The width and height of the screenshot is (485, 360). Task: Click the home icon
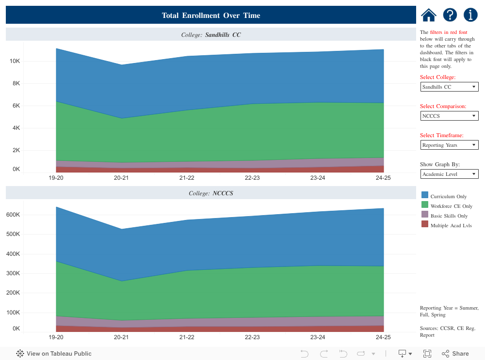click(429, 15)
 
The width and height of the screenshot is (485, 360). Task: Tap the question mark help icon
click(450, 15)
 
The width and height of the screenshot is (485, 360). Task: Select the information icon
click(470, 15)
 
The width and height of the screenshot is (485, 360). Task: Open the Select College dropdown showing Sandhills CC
click(449, 87)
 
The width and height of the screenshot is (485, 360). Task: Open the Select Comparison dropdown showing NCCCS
click(449, 116)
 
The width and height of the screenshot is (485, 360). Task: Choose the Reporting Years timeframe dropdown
click(449, 145)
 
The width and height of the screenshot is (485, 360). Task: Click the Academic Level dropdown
click(449, 174)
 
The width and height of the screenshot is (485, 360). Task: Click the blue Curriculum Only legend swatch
click(425, 195)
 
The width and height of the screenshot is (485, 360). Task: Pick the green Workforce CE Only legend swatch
click(425, 204)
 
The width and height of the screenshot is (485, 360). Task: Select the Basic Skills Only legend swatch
click(425, 214)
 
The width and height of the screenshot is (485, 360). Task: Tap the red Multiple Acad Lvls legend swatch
click(425, 224)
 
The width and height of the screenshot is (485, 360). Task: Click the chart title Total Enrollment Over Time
click(211, 16)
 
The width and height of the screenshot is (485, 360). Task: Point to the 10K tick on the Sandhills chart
click(15, 61)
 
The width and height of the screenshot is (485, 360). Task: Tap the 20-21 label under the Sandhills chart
click(121, 178)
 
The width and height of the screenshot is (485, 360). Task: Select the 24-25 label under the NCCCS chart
click(383, 337)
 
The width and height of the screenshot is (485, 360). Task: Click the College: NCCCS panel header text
click(211, 193)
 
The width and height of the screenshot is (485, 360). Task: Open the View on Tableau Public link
click(54, 354)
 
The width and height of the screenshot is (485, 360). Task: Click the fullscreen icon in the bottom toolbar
click(427, 354)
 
